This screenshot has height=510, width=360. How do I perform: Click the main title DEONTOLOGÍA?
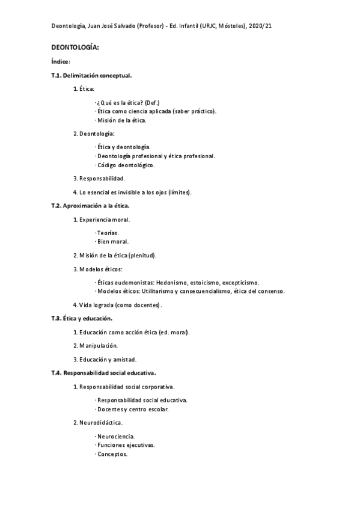tap(75, 47)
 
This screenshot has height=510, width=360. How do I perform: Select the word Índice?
tap(61, 61)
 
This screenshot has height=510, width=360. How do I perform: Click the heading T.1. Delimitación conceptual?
tap(91, 76)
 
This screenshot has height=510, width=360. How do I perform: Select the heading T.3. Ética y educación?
tap(82, 318)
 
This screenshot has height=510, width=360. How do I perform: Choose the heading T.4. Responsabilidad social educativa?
tap(103, 373)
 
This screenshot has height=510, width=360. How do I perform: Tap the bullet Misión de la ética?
tap(121, 120)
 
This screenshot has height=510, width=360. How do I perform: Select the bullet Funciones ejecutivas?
tap(126, 445)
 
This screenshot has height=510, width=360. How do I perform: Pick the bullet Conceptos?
tap(112, 454)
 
